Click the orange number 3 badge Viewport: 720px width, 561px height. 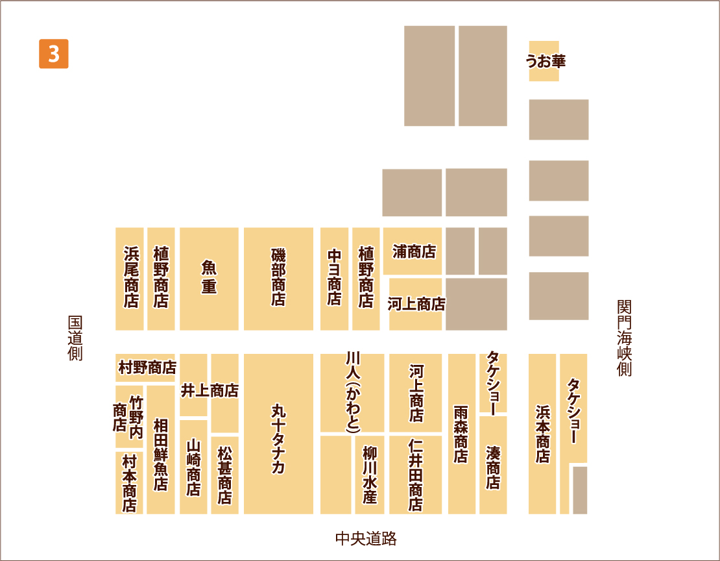pyautogui.click(x=53, y=54)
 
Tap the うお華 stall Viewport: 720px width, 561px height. pyautogui.click(x=544, y=61)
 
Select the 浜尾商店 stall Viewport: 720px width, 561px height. pyautogui.click(x=130, y=278)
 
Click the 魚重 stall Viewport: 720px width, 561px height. pyautogui.click(x=209, y=278)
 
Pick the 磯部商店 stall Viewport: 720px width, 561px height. pyautogui.click(x=278, y=278)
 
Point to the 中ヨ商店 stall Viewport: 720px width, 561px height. pyautogui.click(x=334, y=278)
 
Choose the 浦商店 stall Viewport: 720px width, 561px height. pyautogui.click(x=413, y=252)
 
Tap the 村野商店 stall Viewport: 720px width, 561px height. pyautogui.click(x=147, y=368)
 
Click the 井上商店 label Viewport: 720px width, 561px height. pyautogui.click(x=209, y=390)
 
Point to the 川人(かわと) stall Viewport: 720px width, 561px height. pyautogui.click(x=352, y=392)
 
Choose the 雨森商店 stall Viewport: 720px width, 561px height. pyautogui.click(x=461, y=434)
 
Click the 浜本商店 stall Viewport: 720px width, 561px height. pyautogui.click(x=542, y=434)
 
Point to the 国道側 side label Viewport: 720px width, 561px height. pyautogui.click(x=75, y=338)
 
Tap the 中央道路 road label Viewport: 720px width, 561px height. pyautogui.click(x=365, y=538)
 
